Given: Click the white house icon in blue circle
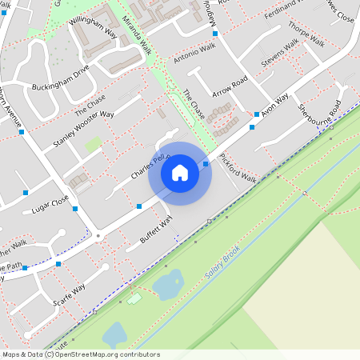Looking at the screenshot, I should click(180, 173).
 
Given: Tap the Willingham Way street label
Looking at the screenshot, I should click(93, 29).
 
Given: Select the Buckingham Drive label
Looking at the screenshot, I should click(61, 80).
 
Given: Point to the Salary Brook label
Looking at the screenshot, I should click(222, 265).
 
